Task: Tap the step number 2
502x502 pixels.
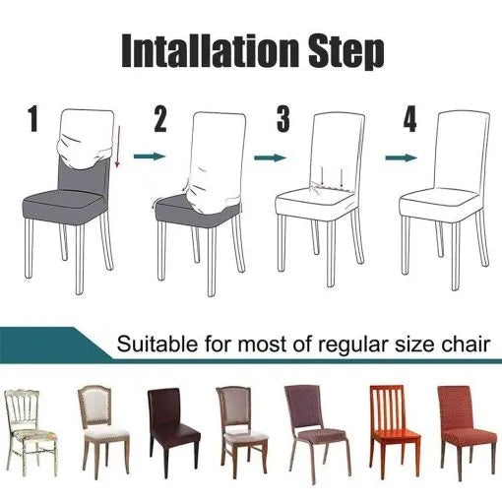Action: click(161, 121)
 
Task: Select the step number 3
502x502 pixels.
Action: click(283, 121)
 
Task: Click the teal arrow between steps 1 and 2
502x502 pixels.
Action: click(147, 156)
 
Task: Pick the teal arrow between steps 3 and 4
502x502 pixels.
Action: click(398, 156)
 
